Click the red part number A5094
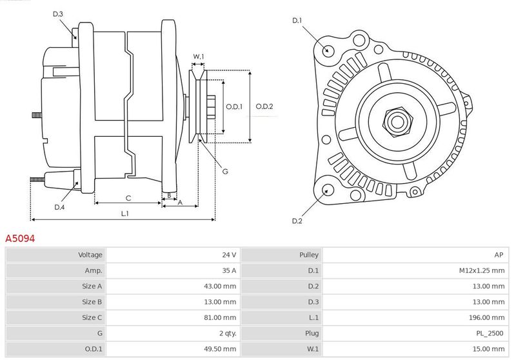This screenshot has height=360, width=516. click(20, 238)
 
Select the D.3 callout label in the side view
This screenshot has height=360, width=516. click(58, 14)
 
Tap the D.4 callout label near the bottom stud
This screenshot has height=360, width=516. click(59, 207)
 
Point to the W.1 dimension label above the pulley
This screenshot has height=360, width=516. click(199, 57)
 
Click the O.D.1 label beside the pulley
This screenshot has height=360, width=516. click(234, 106)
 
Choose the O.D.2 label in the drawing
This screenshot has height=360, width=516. click(264, 106)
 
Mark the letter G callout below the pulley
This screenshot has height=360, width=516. click(225, 172)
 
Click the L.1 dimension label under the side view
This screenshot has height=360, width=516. click(124, 214)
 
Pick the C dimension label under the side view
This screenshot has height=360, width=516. click(128, 198)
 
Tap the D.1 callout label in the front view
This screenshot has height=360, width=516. click(297, 21)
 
